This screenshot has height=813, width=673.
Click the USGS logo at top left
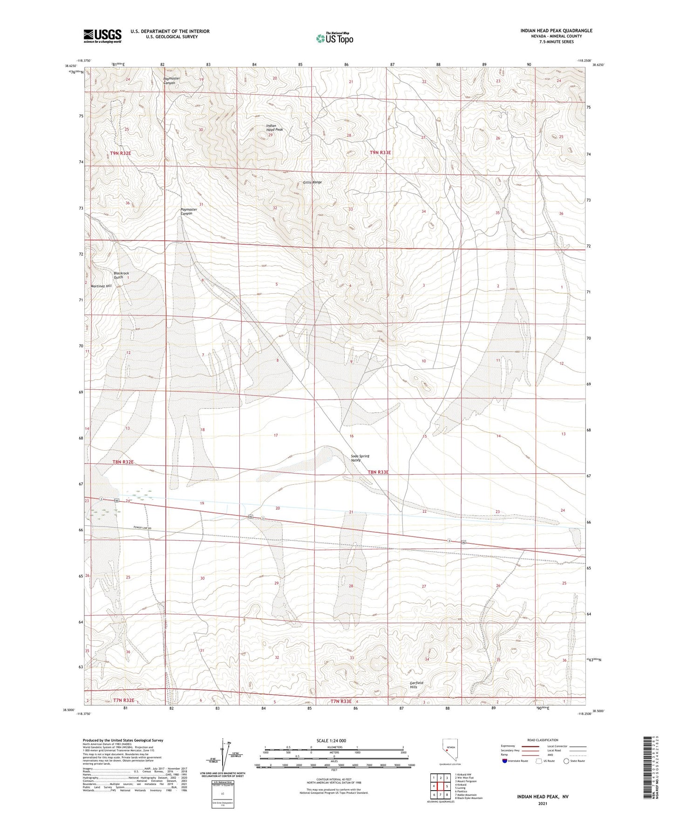[102, 36]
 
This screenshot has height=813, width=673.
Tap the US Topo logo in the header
[334, 38]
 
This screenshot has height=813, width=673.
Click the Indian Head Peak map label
[274, 128]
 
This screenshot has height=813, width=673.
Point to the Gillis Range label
[312, 182]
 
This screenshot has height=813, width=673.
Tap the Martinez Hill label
[102, 286]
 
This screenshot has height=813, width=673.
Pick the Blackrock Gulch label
[121, 275]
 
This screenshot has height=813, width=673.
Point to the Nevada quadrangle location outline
[446, 750]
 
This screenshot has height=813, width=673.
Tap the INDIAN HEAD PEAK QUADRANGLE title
[557, 31]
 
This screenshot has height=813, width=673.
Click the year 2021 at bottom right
[543, 803]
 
